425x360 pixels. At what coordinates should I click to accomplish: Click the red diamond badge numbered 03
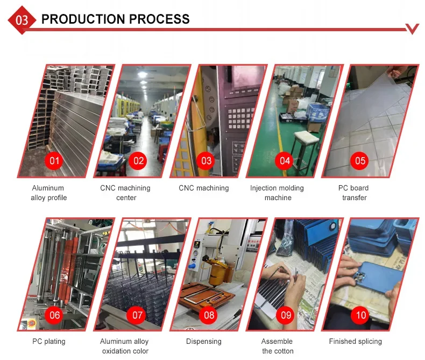(22, 20)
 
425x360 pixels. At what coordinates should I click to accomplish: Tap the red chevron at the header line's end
(412, 29)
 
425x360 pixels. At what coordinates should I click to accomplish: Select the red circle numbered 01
(54, 161)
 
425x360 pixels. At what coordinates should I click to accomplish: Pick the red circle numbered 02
(138, 161)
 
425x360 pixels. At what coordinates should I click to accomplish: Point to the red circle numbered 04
(285, 161)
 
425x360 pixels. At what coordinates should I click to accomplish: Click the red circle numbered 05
(360, 161)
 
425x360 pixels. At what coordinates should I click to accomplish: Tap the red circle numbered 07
(137, 315)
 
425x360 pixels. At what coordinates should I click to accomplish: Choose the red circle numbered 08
(209, 315)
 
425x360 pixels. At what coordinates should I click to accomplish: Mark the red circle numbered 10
(360, 315)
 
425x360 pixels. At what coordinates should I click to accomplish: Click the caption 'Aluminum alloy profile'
(48, 193)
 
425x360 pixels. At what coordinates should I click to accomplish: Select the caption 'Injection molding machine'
(277, 193)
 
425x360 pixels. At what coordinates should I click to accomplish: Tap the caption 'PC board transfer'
(353, 193)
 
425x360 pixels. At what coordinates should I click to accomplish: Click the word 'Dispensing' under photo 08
(204, 341)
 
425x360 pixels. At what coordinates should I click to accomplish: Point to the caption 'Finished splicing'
(356, 341)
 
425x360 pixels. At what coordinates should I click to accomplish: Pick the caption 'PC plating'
(49, 341)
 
